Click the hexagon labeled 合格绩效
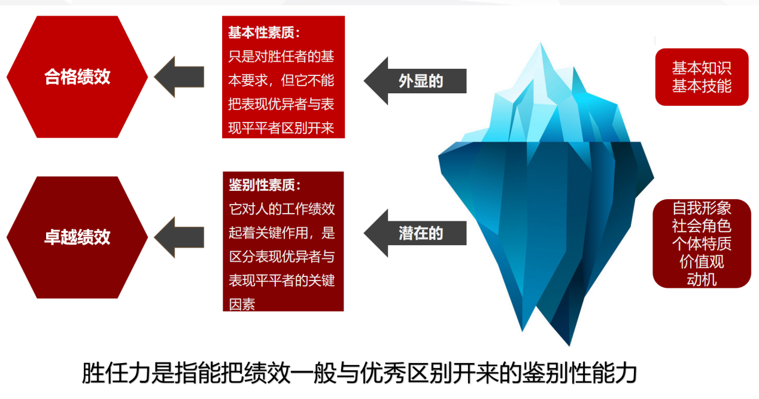(77, 77)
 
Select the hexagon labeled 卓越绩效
(77, 237)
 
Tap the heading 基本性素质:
(265, 32)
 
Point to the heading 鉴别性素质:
(265, 185)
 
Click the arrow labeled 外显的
(415, 81)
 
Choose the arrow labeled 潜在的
(415, 233)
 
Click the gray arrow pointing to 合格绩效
(179, 77)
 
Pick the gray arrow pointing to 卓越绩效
(179, 237)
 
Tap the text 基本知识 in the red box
(702, 68)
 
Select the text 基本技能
(702, 86)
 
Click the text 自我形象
(702, 208)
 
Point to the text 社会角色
(702, 226)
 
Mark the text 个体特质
(702, 244)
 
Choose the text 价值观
(702, 262)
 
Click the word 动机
(702, 280)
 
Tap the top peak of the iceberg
(541, 42)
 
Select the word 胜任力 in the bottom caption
(116, 373)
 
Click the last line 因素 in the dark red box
(242, 304)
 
